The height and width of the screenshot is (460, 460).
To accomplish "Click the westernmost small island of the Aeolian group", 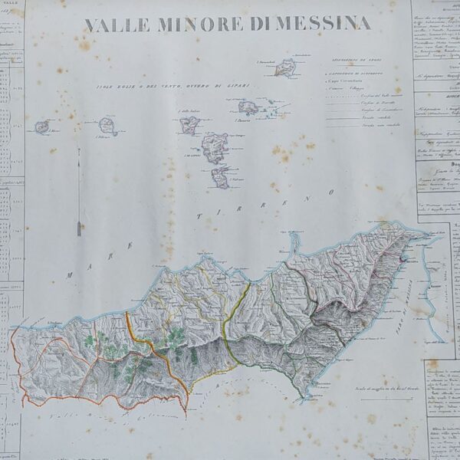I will coord(41,126).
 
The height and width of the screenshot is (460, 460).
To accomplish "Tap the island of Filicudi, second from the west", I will coord(107,125).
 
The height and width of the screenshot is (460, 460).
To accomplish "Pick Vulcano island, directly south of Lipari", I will coord(221,178).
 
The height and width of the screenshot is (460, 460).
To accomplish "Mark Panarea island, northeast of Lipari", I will coord(248,107).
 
